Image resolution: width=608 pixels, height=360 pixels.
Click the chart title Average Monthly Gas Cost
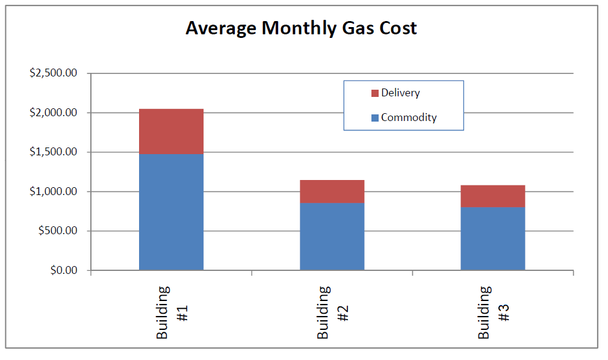[x=301, y=28]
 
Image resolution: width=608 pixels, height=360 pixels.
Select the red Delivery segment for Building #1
[x=171, y=131]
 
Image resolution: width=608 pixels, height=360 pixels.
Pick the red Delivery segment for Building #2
[x=332, y=191]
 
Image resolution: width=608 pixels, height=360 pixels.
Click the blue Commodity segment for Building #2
[x=332, y=237]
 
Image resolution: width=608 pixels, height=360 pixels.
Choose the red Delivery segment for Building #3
[x=492, y=196]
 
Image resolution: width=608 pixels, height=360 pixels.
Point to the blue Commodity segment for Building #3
[x=492, y=238]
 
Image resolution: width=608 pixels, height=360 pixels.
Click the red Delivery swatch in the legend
[x=375, y=93]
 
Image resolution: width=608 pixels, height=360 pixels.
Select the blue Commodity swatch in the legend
[x=375, y=118]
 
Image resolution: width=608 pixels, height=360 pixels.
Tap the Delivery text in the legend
[x=400, y=93]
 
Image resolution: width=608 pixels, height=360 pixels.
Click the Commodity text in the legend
[x=409, y=117]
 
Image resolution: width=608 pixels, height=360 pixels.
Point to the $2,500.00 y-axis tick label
[x=53, y=73]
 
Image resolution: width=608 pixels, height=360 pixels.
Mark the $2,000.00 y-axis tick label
[x=53, y=113]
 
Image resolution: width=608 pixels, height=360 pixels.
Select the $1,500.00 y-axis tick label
[x=53, y=152]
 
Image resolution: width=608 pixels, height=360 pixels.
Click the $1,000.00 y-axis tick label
[x=53, y=191]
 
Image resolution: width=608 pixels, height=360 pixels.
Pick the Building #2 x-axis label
[x=332, y=312]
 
